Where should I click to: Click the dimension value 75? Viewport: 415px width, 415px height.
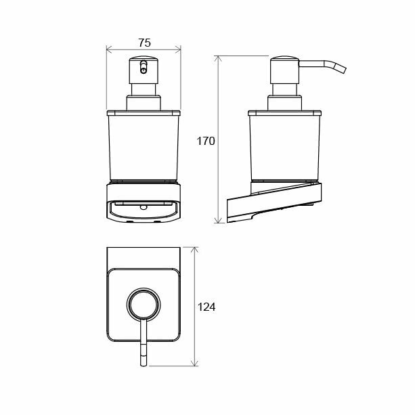tap(144, 43)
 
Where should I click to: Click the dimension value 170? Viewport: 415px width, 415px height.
tap(206, 141)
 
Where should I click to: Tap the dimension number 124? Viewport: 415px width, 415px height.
tap(206, 307)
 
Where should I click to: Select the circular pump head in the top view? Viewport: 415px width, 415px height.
tap(144, 304)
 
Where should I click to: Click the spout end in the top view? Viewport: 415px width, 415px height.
tap(144, 364)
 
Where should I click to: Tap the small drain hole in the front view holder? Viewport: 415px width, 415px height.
tap(144, 207)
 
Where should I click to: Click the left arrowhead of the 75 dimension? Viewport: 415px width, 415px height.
tap(108, 49)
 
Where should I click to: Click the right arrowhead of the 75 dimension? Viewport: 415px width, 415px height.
tap(178, 49)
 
